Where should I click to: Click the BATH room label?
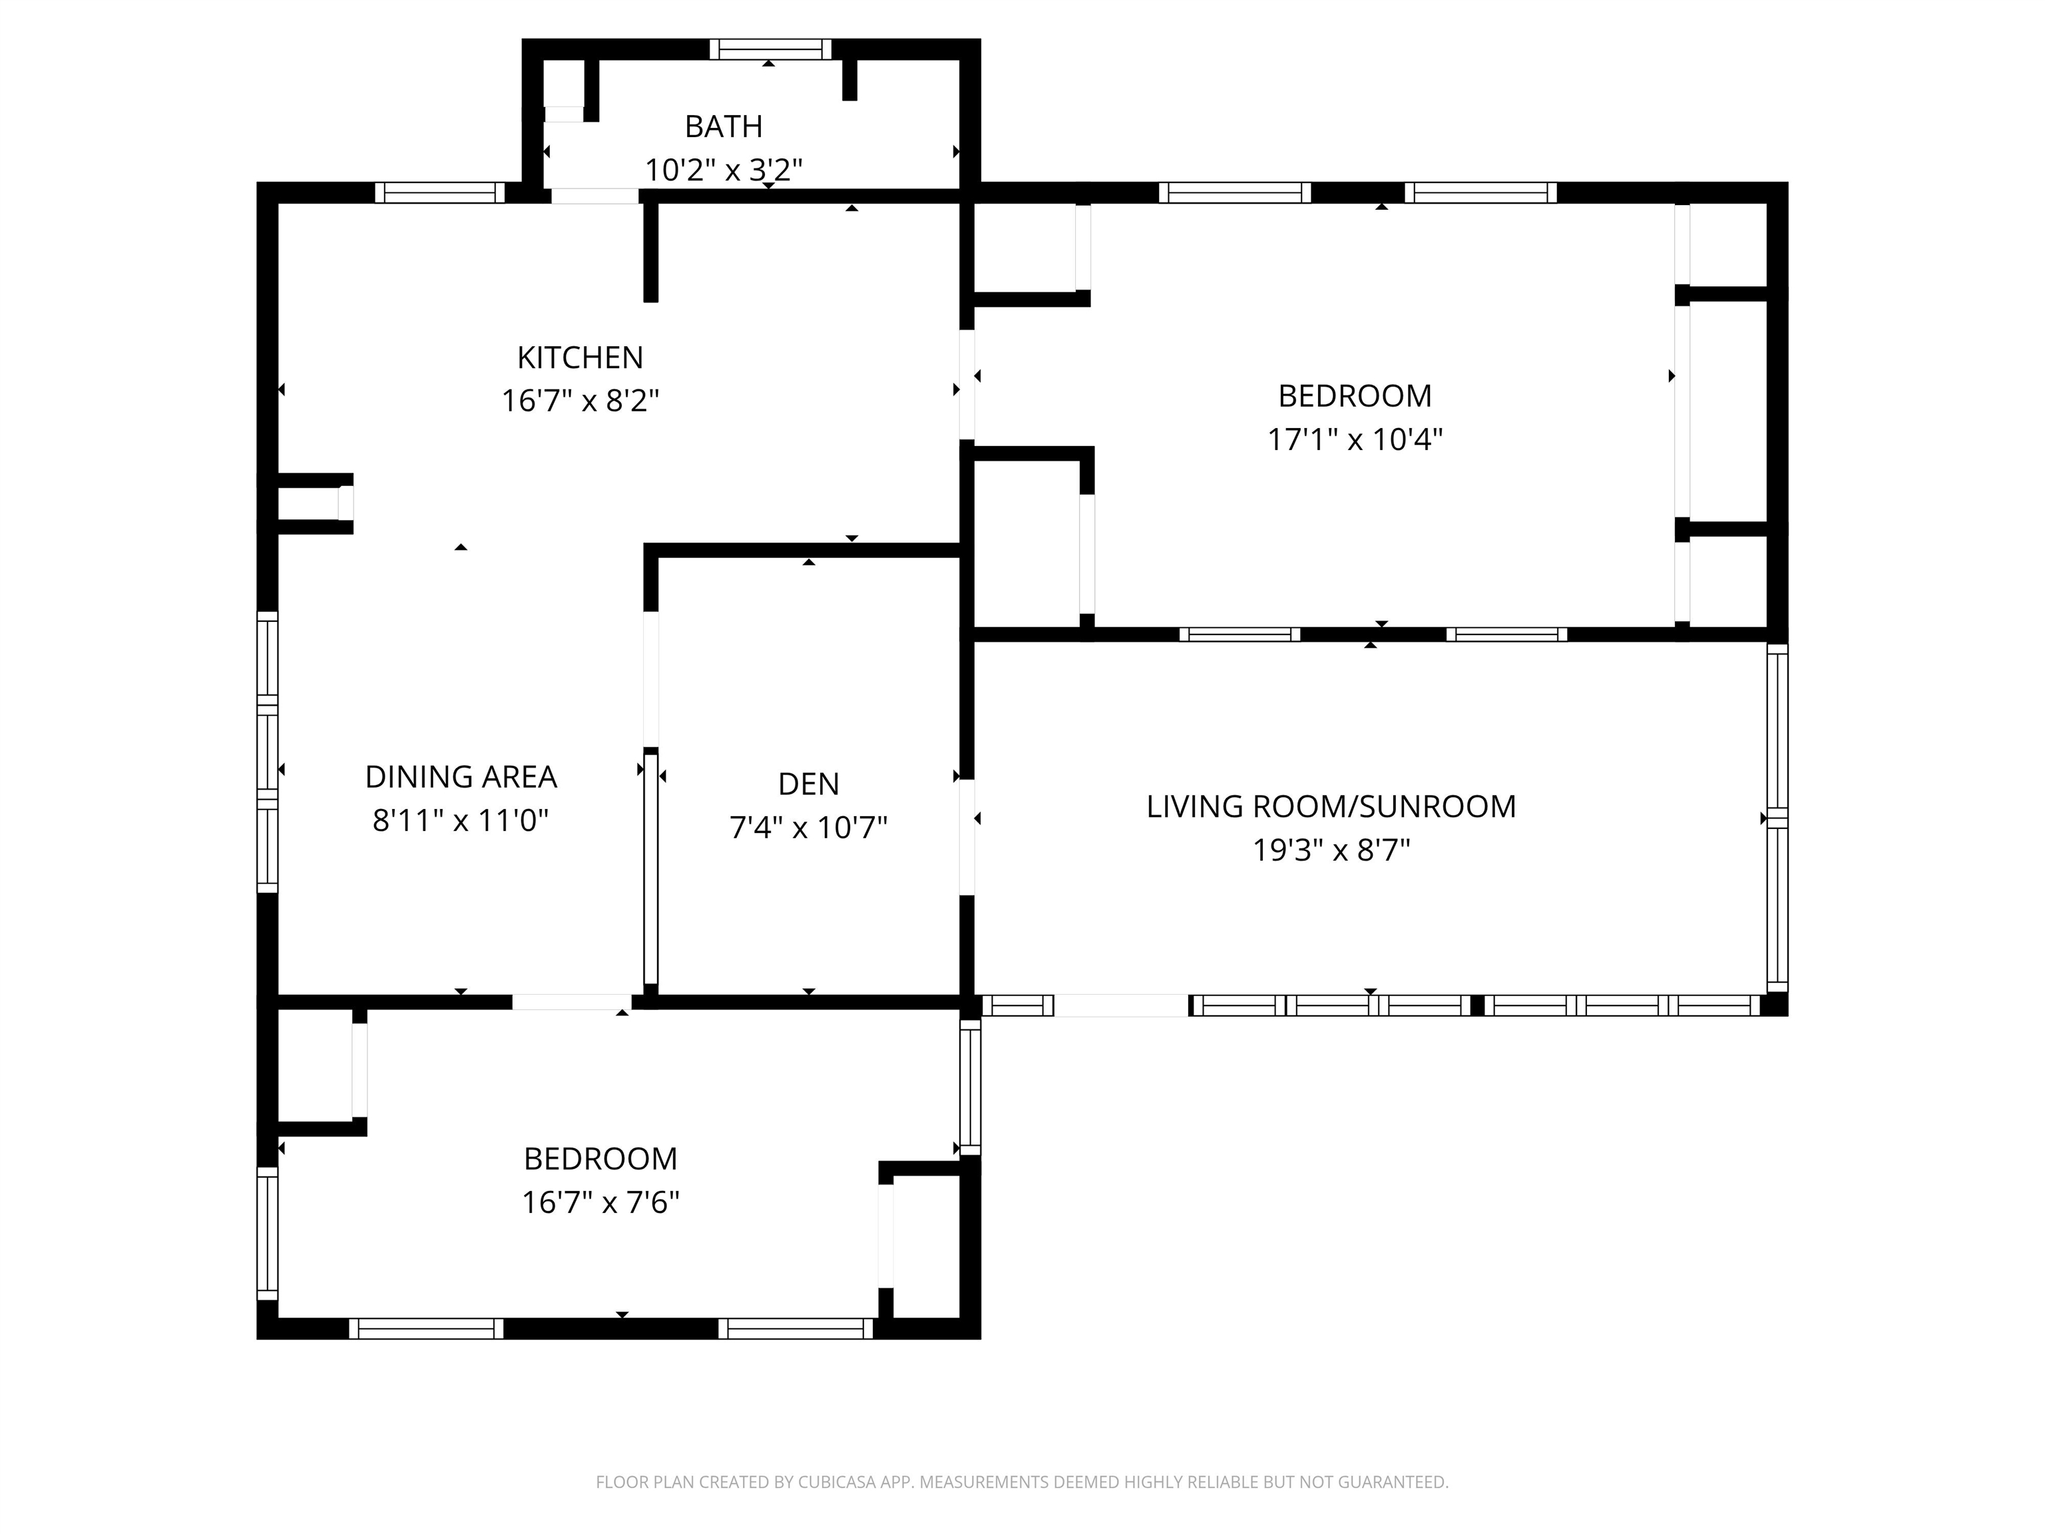[723, 127]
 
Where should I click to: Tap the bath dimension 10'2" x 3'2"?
[723, 170]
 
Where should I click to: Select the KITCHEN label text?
[580, 358]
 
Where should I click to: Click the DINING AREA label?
[461, 778]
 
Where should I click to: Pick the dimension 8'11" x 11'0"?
[461, 821]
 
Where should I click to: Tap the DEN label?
[808, 784]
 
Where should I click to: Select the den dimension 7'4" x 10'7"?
[808, 828]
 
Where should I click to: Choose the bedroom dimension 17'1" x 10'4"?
[1355, 440]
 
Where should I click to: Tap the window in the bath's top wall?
[770, 49]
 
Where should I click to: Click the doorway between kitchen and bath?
[594, 196]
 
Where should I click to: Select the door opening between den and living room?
[967, 837]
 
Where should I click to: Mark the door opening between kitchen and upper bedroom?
[967, 383]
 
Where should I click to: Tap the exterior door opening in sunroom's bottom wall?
[1120, 1005]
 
